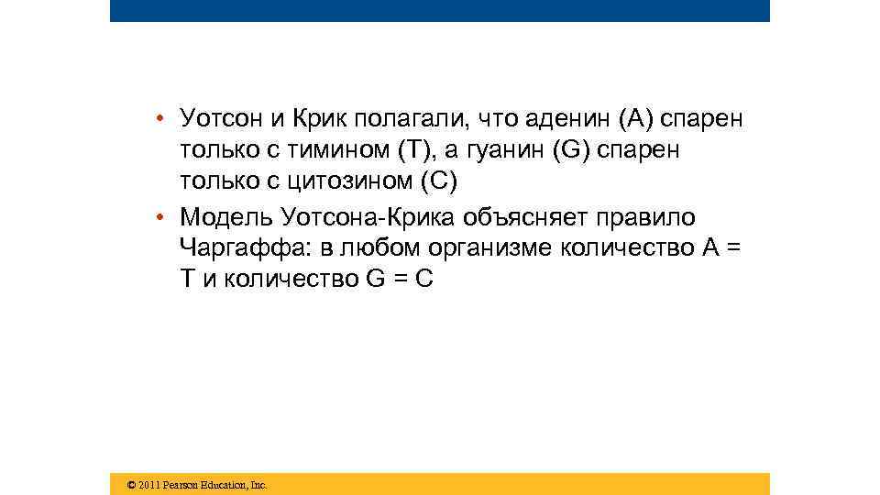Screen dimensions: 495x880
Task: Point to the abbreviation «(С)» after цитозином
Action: coord(437,181)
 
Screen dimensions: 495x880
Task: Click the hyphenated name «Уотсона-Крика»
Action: coord(377,217)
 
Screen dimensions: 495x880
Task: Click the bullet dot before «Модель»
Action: coord(159,217)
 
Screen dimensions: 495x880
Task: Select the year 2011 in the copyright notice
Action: coord(148,485)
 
